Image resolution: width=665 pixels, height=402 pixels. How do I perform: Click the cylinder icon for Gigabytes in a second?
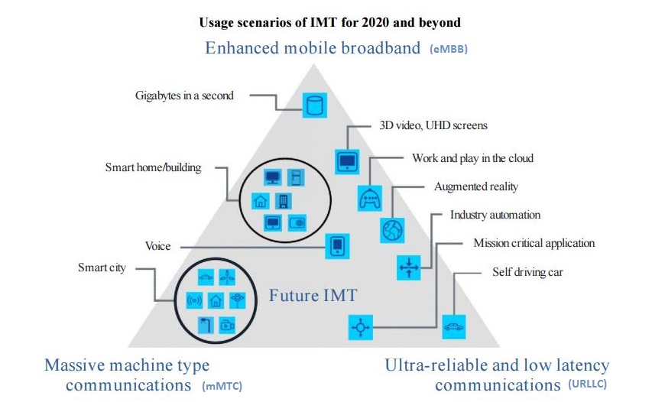click(315, 105)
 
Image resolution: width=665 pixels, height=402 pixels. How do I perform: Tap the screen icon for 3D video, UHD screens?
click(347, 161)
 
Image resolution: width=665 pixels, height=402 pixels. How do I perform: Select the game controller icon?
click(370, 199)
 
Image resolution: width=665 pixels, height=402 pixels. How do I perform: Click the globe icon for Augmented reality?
click(392, 230)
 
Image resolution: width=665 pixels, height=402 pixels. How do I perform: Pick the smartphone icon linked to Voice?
click(338, 246)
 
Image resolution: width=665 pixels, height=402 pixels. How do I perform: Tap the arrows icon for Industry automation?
click(409, 267)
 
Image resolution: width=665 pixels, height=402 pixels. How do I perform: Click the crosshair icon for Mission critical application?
click(361, 327)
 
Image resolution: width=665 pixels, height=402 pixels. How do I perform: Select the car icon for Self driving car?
click(454, 327)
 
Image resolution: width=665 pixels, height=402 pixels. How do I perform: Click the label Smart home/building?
click(153, 167)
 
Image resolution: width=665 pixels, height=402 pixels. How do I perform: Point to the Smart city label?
click(102, 268)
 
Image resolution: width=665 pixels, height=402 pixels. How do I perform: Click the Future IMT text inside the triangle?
click(313, 296)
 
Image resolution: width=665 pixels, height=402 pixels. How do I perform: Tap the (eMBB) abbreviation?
click(449, 49)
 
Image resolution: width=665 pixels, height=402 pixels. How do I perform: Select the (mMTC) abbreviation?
click(222, 386)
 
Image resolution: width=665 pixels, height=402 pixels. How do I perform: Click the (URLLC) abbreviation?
click(587, 384)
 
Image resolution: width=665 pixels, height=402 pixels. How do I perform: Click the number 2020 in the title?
click(375, 22)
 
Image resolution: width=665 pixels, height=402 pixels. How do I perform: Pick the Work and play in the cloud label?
click(473, 159)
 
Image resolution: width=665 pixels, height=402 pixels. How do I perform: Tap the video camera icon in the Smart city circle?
click(227, 326)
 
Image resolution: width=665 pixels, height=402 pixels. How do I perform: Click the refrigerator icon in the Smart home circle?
click(296, 177)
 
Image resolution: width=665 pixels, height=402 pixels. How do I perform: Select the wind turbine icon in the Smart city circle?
click(227, 277)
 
